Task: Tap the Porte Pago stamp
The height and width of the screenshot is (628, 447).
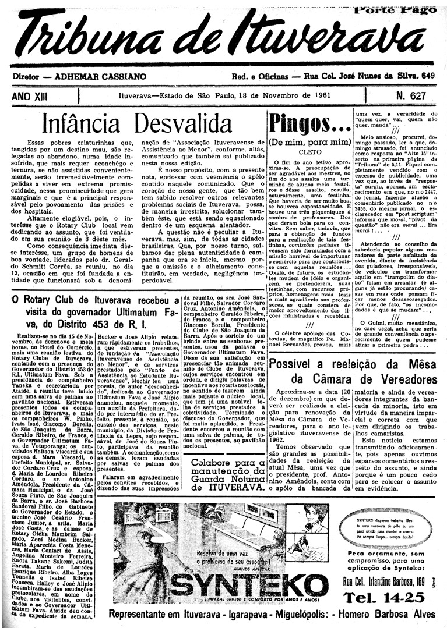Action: coord(395,9)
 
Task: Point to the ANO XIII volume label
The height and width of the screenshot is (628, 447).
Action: coord(31,95)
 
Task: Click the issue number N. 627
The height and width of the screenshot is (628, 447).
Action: coord(411,95)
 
